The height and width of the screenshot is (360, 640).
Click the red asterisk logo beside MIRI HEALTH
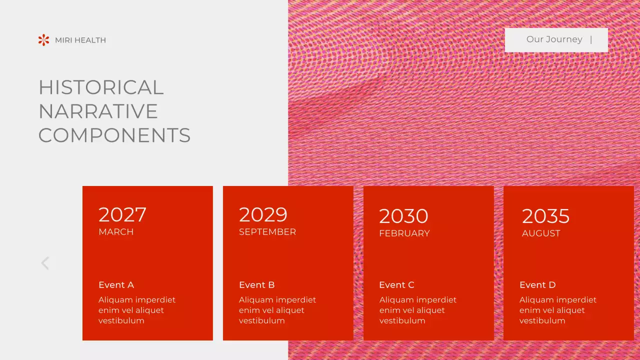tap(44, 40)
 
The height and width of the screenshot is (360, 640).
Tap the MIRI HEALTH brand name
tap(80, 40)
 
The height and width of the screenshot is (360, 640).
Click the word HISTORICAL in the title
tap(101, 87)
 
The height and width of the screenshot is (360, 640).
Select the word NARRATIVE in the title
tap(98, 111)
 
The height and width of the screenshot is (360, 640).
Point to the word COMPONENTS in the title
tap(114, 135)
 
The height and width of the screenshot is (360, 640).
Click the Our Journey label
tap(554, 39)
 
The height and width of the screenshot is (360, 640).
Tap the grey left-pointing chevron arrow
tap(45, 263)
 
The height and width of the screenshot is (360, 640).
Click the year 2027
tap(122, 215)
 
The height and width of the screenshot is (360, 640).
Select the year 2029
tap(263, 215)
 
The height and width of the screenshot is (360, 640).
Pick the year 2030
tap(403, 216)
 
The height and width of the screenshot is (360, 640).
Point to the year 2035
tap(545, 216)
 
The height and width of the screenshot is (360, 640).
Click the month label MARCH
tap(116, 232)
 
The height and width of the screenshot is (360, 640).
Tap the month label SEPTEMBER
tap(267, 232)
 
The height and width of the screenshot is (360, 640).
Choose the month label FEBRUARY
tap(404, 233)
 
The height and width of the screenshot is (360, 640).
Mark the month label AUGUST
tap(541, 233)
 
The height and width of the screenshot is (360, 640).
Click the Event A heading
tap(116, 285)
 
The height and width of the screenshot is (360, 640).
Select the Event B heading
tap(256, 285)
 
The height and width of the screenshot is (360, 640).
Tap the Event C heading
tap(396, 285)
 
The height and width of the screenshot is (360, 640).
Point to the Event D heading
tap(537, 285)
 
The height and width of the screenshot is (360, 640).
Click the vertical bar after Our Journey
tap(591, 39)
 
